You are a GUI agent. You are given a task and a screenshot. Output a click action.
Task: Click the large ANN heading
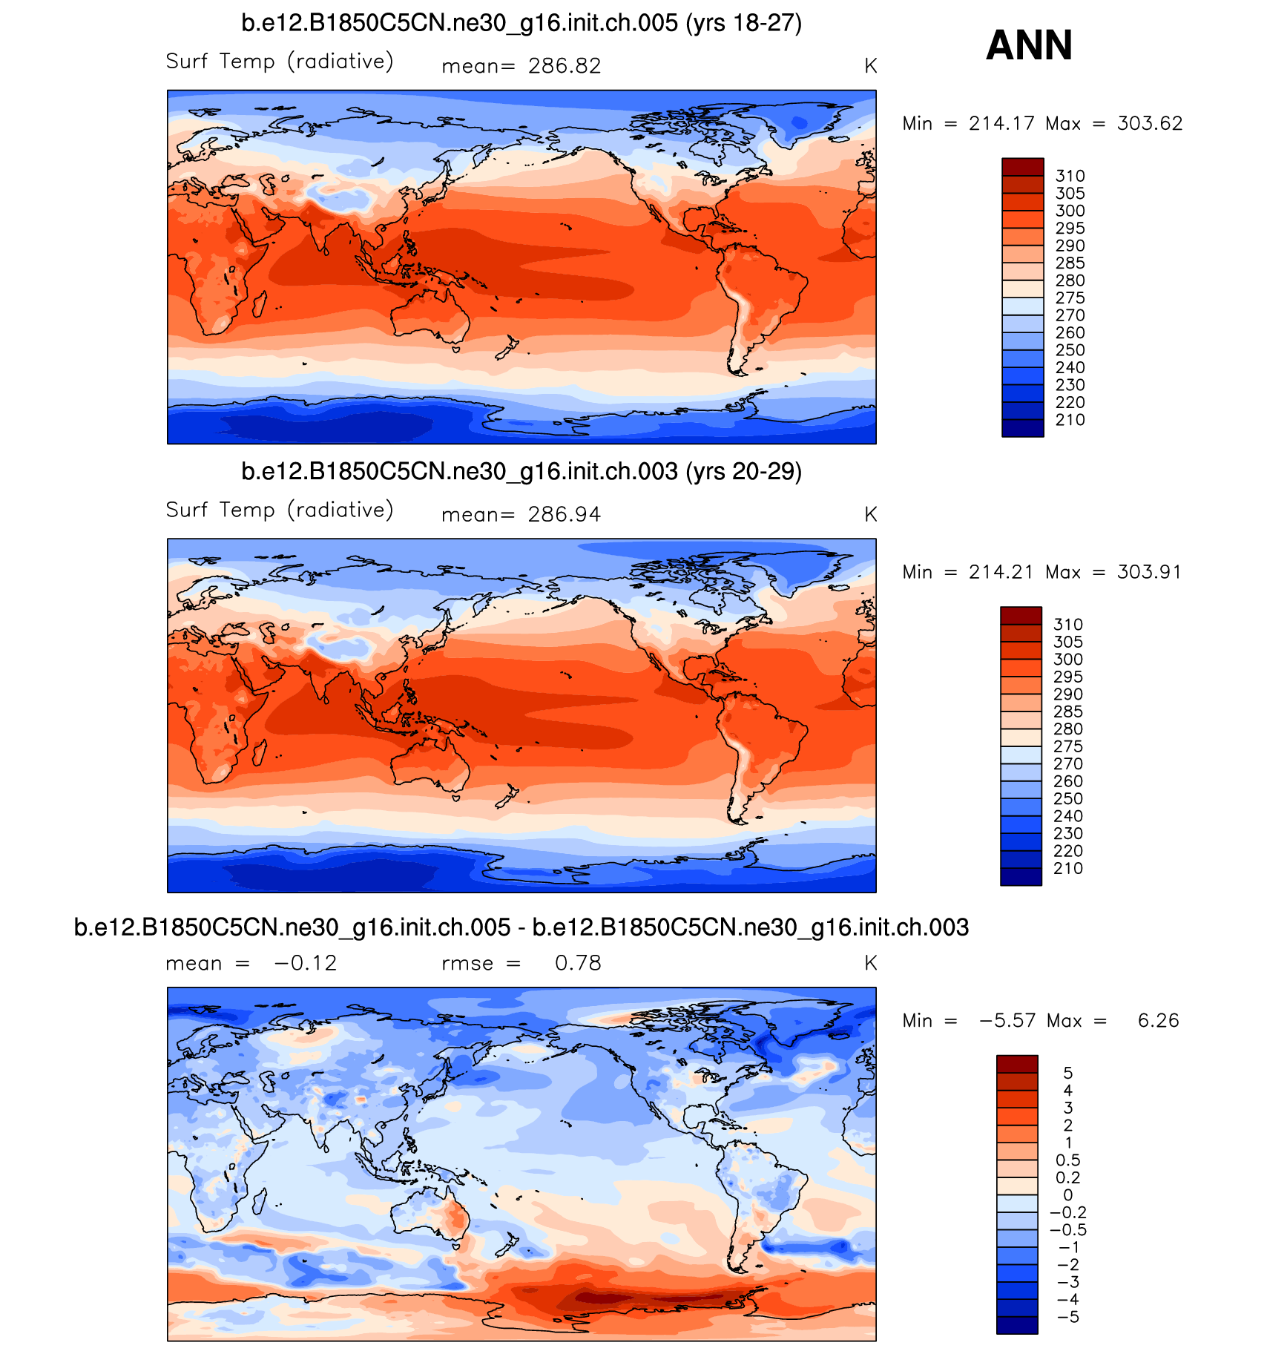[1029, 45]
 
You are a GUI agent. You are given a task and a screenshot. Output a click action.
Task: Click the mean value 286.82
[564, 67]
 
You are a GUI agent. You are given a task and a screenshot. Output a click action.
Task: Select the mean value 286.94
[564, 515]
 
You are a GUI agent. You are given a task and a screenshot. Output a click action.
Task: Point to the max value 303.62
[1149, 124]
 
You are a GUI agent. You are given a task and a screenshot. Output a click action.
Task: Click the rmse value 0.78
[578, 963]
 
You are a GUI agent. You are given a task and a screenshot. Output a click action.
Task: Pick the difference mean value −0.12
[306, 963]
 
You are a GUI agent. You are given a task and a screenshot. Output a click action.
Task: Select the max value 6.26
[1158, 1021]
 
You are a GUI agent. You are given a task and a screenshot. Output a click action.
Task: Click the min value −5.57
[1007, 1021]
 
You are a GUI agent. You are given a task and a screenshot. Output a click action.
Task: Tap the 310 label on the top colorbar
[1070, 177]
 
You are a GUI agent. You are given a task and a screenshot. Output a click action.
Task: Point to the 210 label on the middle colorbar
[1067, 869]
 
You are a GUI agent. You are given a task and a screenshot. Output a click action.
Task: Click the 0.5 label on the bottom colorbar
[1067, 1160]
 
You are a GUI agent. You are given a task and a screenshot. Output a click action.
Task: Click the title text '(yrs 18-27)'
[743, 24]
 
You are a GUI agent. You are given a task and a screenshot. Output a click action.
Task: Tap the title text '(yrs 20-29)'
[743, 472]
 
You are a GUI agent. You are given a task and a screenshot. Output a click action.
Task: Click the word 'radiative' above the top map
[340, 62]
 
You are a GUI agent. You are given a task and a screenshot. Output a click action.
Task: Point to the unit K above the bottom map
[870, 964]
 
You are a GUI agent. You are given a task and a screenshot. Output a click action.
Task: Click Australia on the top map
[430, 315]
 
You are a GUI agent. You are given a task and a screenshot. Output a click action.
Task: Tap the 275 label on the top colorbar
[1070, 298]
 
